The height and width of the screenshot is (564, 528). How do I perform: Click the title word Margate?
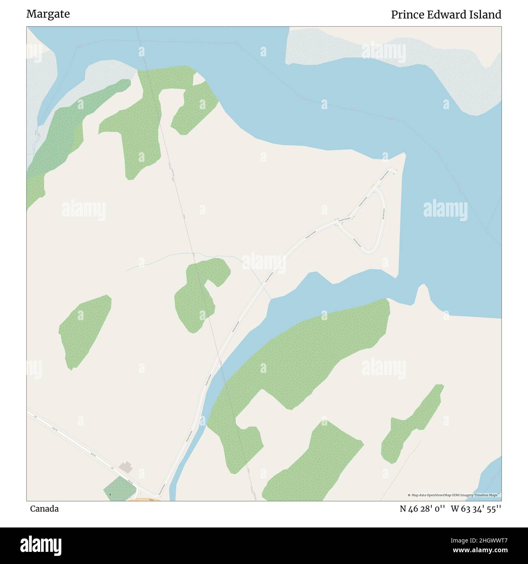pyautogui.click(x=48, y=14)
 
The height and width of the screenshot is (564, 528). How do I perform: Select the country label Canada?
pyautogui.click(x=44, y=509)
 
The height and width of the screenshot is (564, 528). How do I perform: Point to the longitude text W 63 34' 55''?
pyautogui.click(x=476, y=509)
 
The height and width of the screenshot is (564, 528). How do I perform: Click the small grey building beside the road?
pyautogui.click(x=126, y=467)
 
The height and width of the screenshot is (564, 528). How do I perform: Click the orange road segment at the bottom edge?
pyautogui.click(x=144, y=499)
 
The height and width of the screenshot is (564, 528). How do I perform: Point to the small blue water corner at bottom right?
pyautogui.click(x=491, y=479)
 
